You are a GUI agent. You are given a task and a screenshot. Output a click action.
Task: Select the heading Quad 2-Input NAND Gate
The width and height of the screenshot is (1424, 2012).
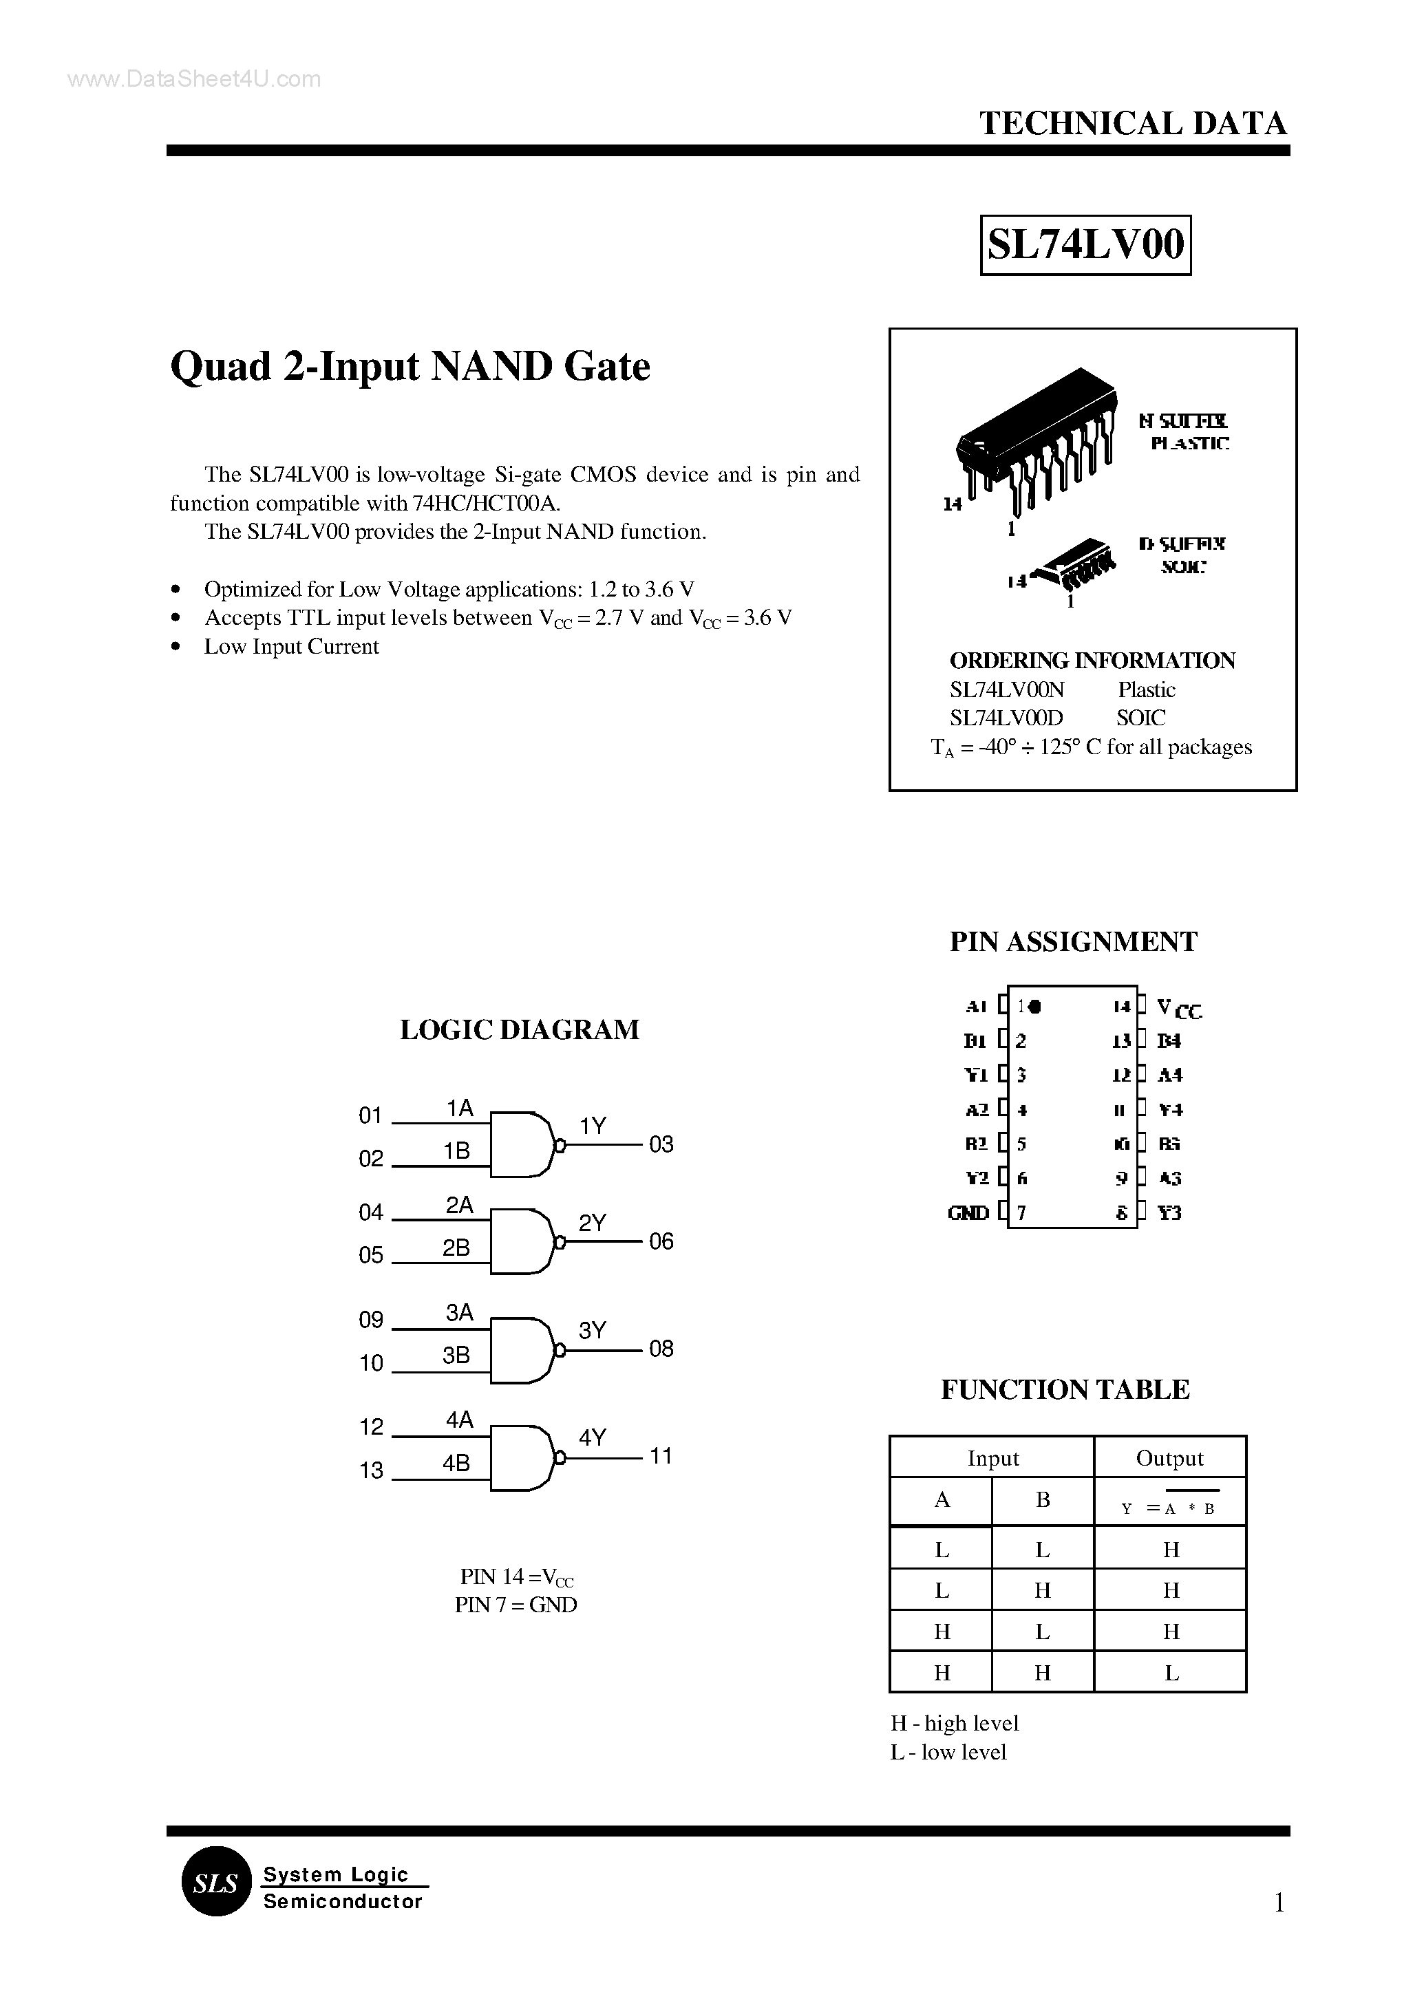pos(410,367)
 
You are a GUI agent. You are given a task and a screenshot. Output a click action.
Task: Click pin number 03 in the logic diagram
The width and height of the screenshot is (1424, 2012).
pos(661,1144)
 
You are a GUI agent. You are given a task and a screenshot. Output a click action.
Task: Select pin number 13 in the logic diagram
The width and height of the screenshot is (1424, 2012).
pos(371,1470)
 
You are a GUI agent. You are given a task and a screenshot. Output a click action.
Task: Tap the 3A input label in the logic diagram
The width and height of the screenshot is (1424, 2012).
pos(460,1312)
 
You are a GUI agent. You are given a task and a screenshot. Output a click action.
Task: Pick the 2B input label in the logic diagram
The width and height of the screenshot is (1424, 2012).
pos(456,1248)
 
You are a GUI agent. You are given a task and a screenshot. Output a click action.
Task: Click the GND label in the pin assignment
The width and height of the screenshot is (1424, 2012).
pos(968,1213)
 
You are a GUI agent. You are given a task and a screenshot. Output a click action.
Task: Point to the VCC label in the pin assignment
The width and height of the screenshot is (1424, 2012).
pos(1178,1008)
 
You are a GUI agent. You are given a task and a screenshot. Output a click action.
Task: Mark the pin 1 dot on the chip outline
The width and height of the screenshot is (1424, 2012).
pos(1034,1007)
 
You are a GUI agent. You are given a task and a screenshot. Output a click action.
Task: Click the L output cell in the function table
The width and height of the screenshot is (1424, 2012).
pos(1171,1673)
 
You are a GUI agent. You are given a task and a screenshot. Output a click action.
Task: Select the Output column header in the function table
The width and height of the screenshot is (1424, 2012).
pos(1170,1458)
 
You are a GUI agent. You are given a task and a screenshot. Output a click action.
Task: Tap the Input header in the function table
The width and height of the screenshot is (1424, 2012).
pos(992,1458)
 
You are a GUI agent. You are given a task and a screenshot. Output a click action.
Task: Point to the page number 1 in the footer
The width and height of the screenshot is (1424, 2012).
pos(1279,1903)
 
